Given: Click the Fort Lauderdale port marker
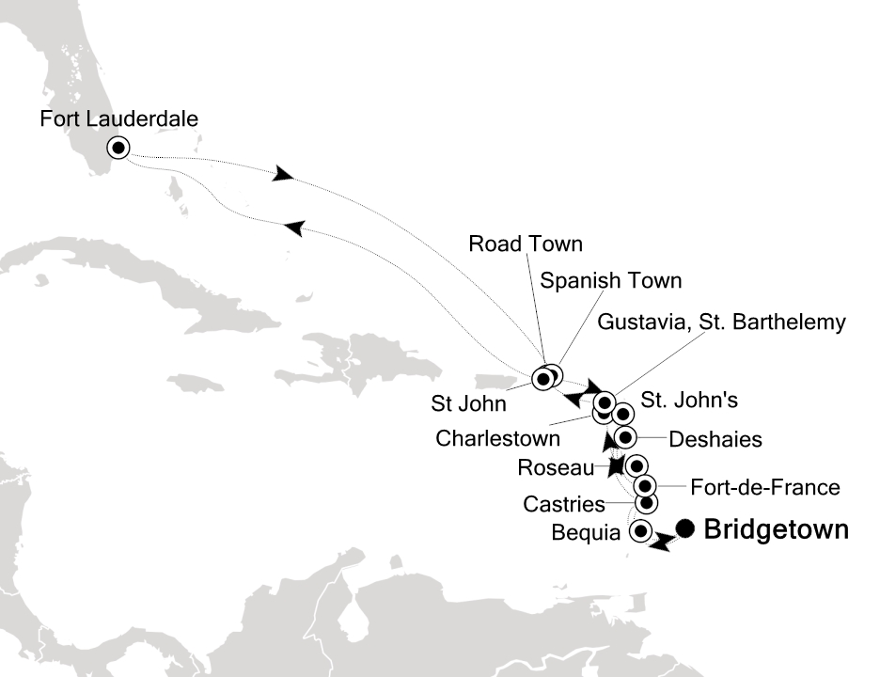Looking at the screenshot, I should pos(118,148).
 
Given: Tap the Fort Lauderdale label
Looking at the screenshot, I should pos(119,119).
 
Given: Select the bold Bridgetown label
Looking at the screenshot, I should pos(776,530).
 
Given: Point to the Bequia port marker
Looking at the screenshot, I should pos(641,531).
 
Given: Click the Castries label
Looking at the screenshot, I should pos(564,506).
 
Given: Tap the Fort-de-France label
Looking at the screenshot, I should pos(764,487).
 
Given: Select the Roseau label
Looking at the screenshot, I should pos(555,467).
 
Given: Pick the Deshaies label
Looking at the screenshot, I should pos(715,438).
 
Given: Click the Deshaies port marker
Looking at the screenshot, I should pos(626,437).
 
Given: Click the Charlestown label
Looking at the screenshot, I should pos(498,438).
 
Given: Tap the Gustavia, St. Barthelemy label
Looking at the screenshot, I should pos(721,323).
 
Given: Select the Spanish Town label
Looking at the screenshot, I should pos(610,280).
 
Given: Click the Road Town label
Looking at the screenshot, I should pos(525,244).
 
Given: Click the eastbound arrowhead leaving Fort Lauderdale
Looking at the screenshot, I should pos(281,175).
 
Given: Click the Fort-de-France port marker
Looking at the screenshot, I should pos(645,485).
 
